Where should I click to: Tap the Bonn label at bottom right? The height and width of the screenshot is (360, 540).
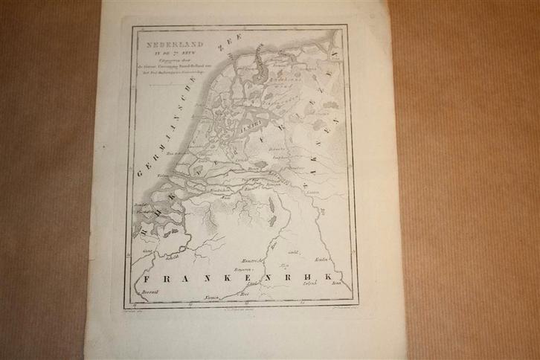[x=336, y=283]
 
